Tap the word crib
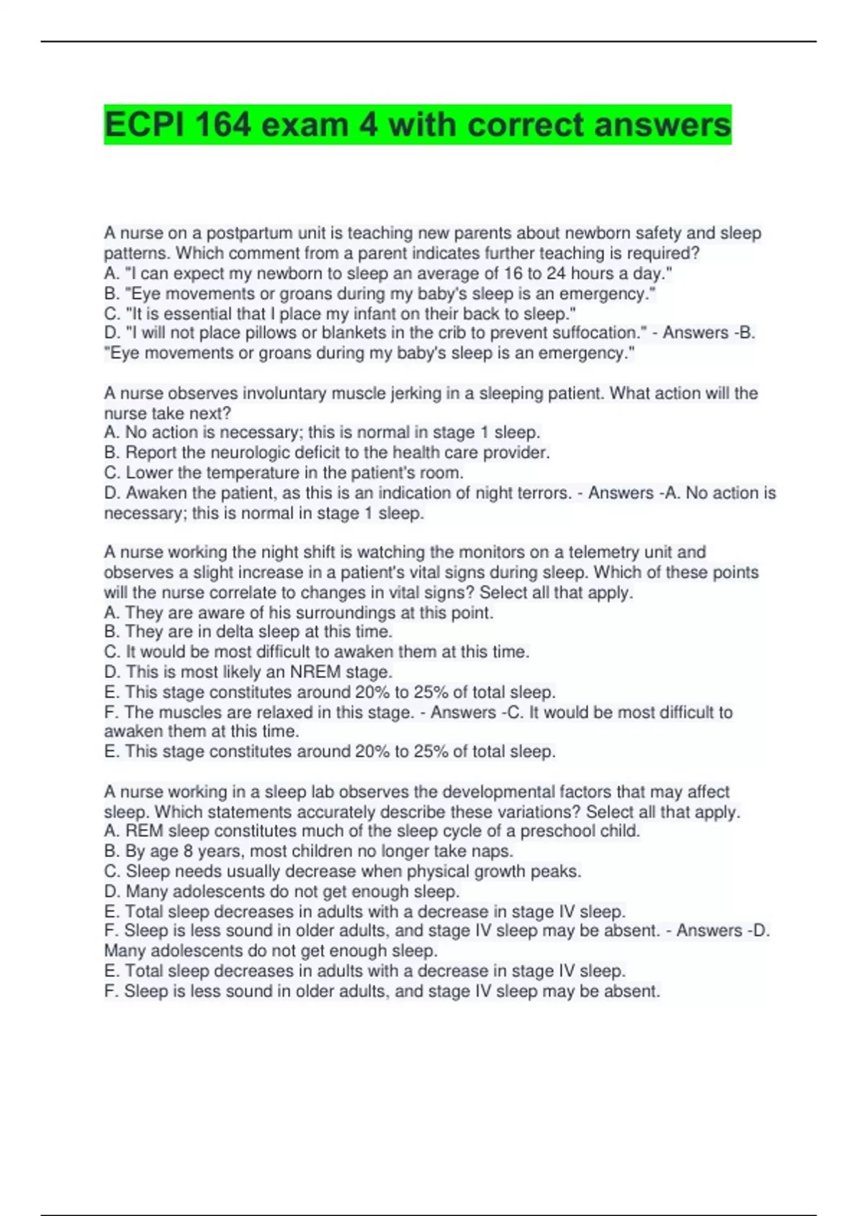481,333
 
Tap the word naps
495,851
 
